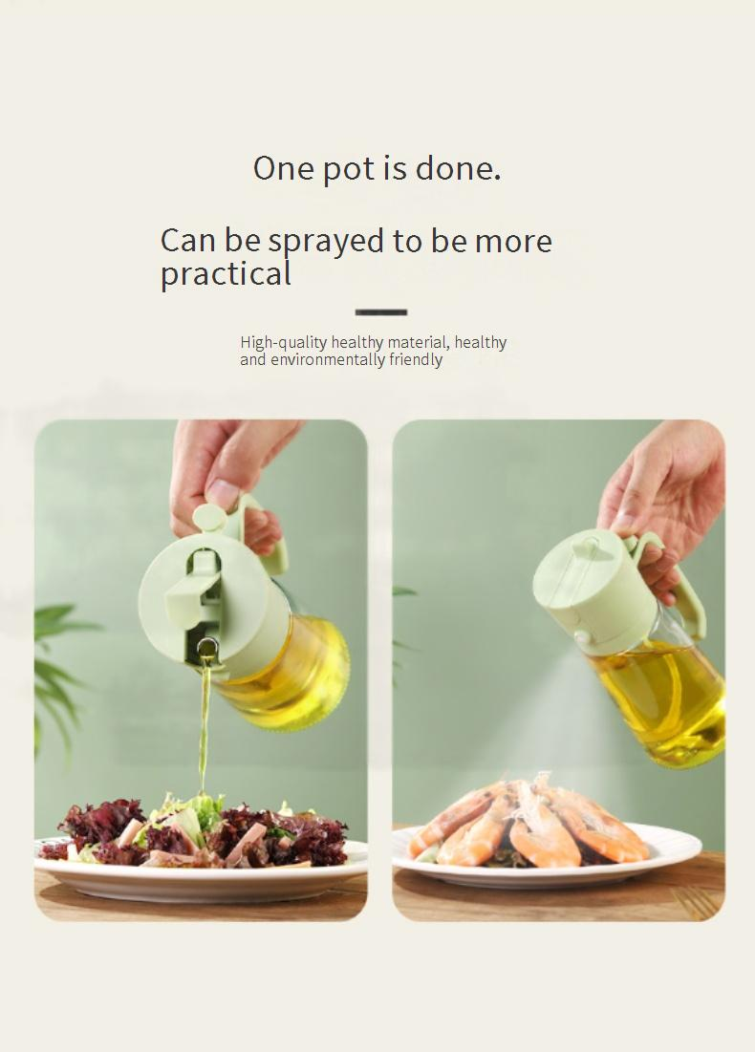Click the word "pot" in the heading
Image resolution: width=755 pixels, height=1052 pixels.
(350, 169)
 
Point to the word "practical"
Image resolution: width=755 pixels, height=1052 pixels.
(226, 273)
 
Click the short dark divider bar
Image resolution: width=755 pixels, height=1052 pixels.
(381, 312)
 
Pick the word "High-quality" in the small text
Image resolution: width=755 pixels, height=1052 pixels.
(284, 343)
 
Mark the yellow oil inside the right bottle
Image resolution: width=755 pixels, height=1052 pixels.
(661, 698)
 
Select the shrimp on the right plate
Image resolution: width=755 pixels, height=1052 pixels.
(530, 822)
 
